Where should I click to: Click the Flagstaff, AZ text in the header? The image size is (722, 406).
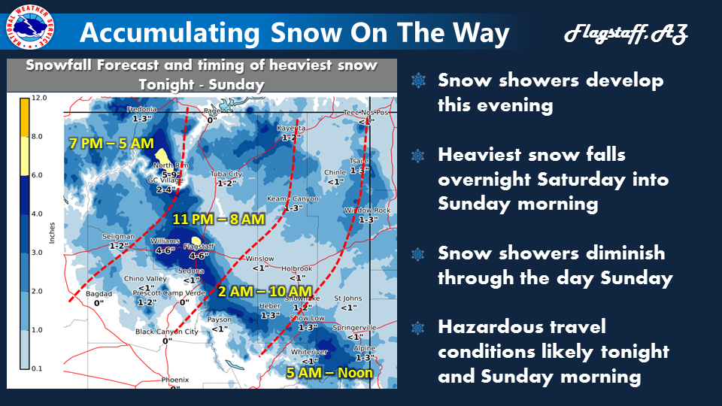tap(625, 34)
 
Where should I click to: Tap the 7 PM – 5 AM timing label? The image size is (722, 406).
tap(111, 143)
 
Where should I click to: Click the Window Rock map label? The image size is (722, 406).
tap(368, 211)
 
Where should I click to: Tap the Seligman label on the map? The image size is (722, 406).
tap(118, 236)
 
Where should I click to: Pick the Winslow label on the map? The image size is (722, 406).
tap(260, 259)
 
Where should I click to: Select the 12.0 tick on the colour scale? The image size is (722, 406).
tap(41, 98)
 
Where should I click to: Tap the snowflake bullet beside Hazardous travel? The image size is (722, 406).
tap(418, 327)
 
